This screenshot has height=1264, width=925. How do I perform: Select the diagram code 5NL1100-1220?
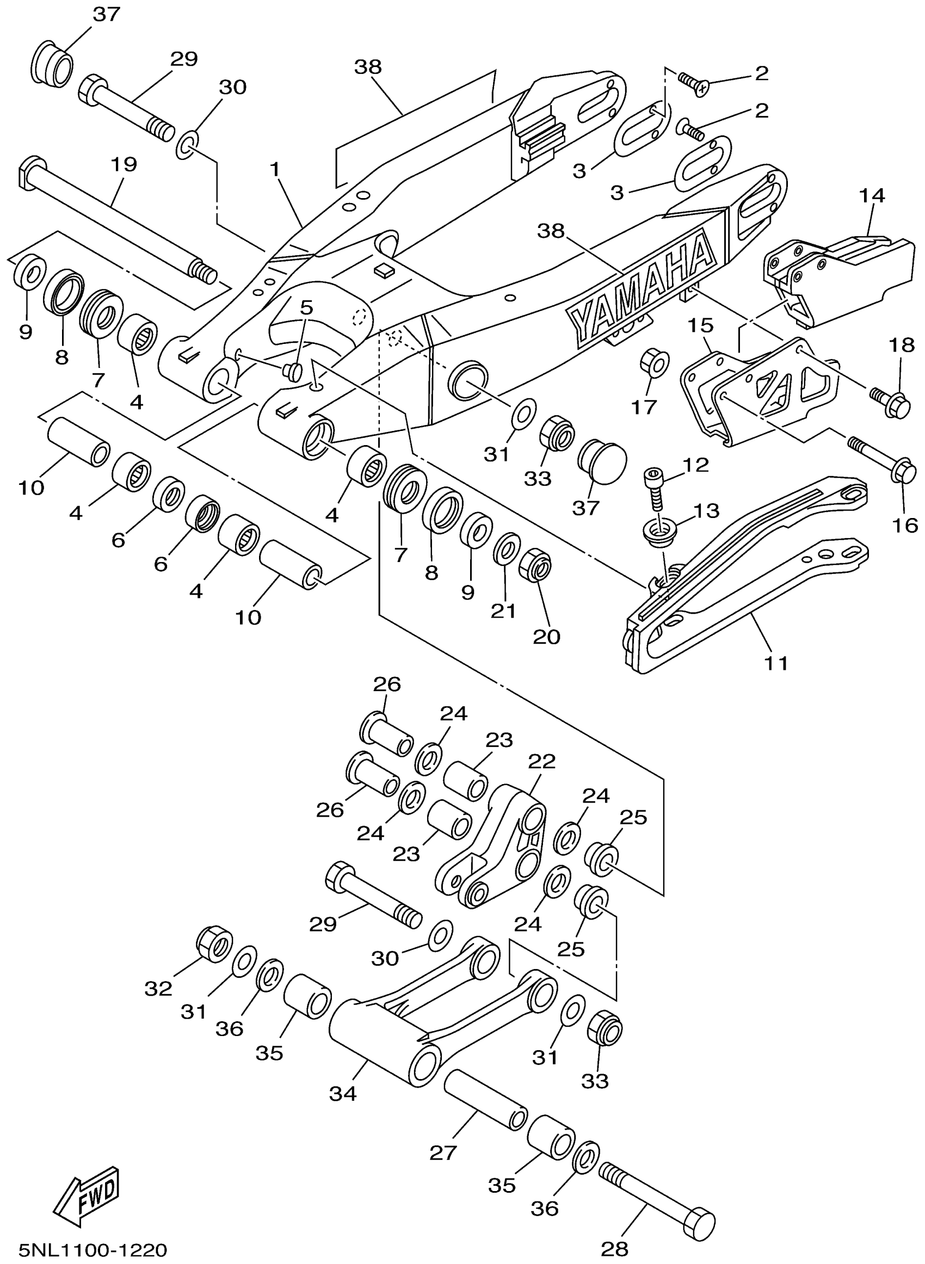pyautogui.click(x=93, y=1250)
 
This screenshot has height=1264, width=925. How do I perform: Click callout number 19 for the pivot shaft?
pyautogui.click(x=124, y=164)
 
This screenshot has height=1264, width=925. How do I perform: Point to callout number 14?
pyautogui.click(x=872, y=195)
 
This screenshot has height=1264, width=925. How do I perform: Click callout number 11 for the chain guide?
pyautogui.click(x=776, y=663)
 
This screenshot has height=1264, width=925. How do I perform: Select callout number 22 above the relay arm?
pyautogui.click(x=541, y=761)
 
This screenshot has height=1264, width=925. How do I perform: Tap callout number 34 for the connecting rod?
pyautogui.click(x=343, y=1093)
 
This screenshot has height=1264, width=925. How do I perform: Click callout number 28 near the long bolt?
pyautogui.click(x=615, y=1248)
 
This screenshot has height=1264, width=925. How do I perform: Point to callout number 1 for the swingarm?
pyautogui.click(x=274, y=169)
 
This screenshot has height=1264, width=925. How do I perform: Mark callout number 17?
pyautogui.click(x=644, y=407)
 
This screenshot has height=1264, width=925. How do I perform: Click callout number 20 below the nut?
pyautogui.click(x=546, y=637)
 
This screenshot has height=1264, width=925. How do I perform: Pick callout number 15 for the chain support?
pyautogui.click(x=700, y=325)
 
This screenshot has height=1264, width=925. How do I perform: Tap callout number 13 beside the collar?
pyautogui.click(x=707, y=510)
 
